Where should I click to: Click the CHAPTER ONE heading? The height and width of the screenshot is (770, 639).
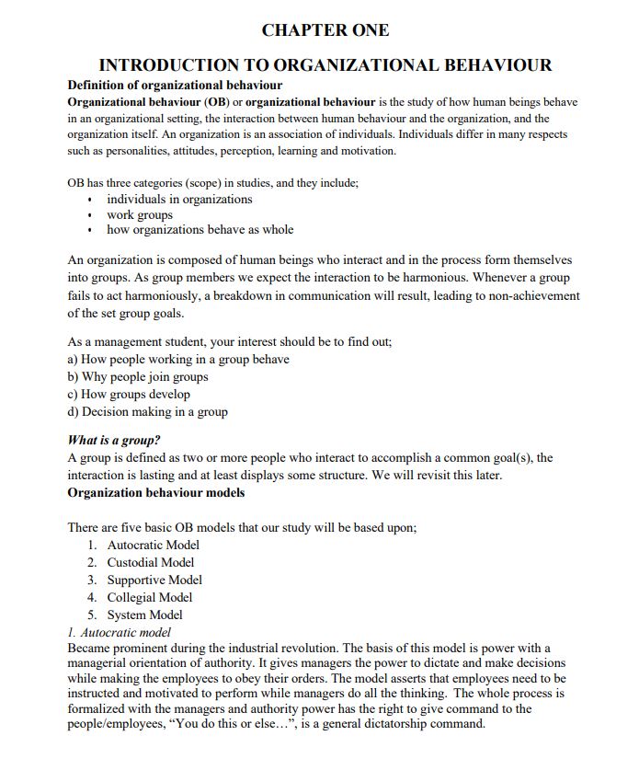325,30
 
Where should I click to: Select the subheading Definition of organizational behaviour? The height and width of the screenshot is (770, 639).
175,86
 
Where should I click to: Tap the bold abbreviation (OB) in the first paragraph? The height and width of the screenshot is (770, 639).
228,101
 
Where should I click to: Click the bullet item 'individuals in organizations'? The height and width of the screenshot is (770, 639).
179,199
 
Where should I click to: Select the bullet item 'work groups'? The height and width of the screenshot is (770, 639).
140,214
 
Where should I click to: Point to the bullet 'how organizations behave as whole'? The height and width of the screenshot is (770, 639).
200,229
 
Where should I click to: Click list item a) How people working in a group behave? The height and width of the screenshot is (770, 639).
178,359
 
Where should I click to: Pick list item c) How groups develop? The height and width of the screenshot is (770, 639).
129,394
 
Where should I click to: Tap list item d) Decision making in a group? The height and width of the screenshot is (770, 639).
148,411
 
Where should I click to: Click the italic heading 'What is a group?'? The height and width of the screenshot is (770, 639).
115,440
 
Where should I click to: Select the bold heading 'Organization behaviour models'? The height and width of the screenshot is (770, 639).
156,492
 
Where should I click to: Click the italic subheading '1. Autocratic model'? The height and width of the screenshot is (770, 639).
120,632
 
